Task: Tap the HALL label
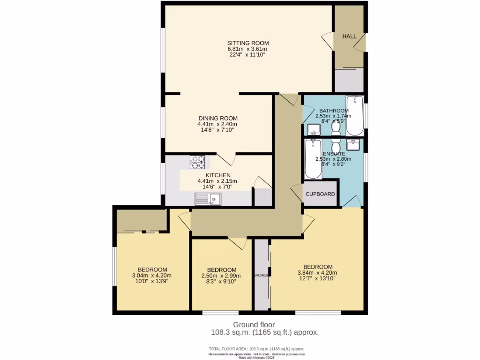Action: pos(349,37)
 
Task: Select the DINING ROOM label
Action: pos(217,118)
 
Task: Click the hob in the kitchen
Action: pos(197,162)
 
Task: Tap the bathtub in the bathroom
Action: pos(354,114)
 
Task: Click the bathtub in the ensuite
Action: pos(313,159)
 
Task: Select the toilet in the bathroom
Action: pos(336,127)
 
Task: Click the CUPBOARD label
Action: pos(321,194)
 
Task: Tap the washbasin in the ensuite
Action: pos(353,143)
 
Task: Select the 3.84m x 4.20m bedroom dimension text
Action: pos(317,273)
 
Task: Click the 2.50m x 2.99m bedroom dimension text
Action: pos(221,276)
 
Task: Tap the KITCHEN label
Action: pos(217,175)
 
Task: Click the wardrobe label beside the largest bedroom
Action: pos(261,275)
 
